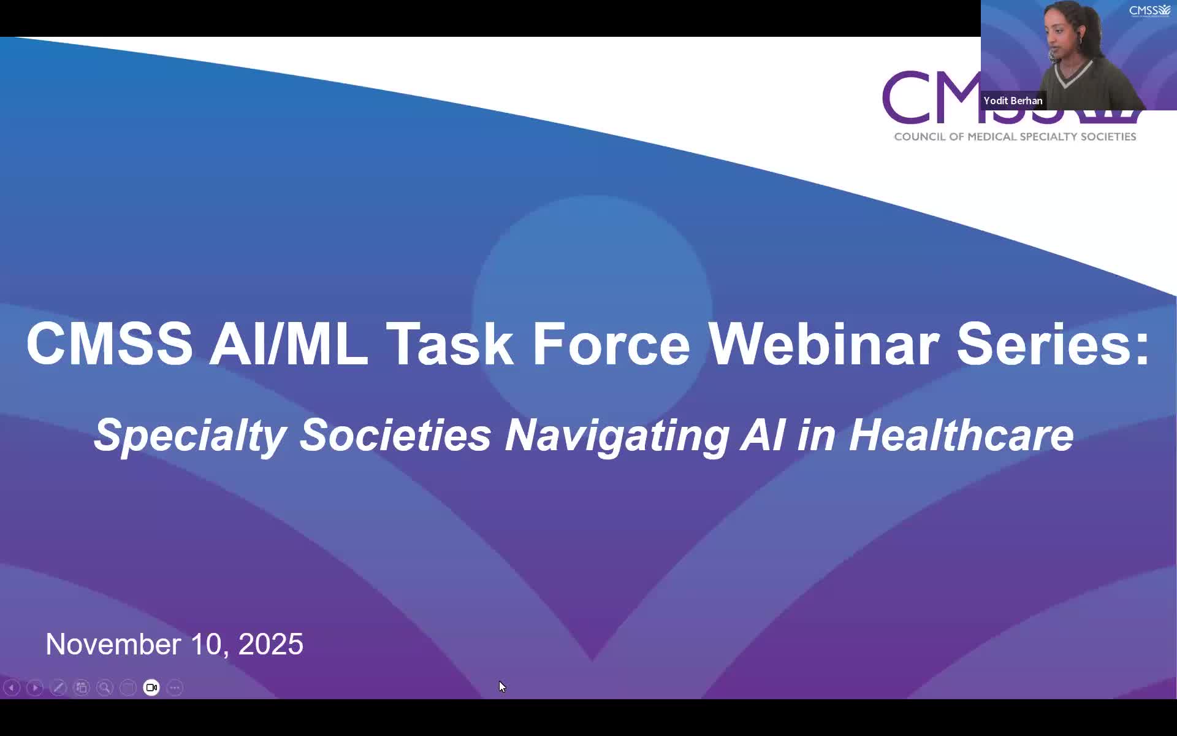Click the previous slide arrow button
click(x=12, y=688)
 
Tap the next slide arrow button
click(x=35, y=688)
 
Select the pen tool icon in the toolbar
click(x=58, y=688)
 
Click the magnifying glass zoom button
click(x=105, y=688)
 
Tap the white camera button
click(x=151, y=688)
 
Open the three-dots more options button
click(x=175, y=688)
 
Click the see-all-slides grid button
click(x=82, y=688)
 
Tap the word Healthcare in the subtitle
click(x=961, y=435)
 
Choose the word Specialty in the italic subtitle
click(x=190, y=435)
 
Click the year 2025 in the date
click(x=270, y=644)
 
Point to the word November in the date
click(x=113, y=644)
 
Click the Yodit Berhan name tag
click(x=1013, y=101)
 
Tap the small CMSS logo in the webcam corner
click(x=1150, y=10)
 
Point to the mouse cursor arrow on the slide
click(x=502, y=687)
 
